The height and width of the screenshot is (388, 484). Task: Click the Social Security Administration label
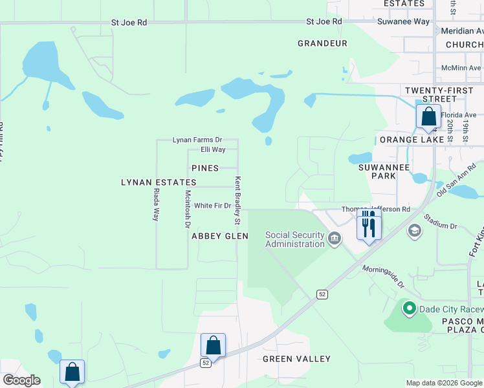[294, 239]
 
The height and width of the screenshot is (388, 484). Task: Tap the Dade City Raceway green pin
[408, 308]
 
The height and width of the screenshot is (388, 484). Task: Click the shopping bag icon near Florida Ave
[428, 117]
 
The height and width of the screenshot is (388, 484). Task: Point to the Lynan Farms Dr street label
[197, 140]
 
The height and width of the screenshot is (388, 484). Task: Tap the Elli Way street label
[213, 149]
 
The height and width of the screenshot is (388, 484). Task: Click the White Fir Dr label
[212, 206]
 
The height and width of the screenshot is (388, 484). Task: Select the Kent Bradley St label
[237, 200]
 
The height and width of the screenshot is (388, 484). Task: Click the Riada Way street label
[156, 206]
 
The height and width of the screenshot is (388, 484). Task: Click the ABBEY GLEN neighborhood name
[220, 237]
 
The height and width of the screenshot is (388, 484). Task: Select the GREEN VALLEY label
[296, 359]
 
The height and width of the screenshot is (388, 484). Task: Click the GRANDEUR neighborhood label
[322, 43]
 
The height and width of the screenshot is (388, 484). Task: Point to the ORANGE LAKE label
[412, 140]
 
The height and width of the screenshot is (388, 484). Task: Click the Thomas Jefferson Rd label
[376, 210]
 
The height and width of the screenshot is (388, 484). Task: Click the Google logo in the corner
[21, 380]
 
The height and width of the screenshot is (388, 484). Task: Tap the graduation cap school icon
[415, 231]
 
